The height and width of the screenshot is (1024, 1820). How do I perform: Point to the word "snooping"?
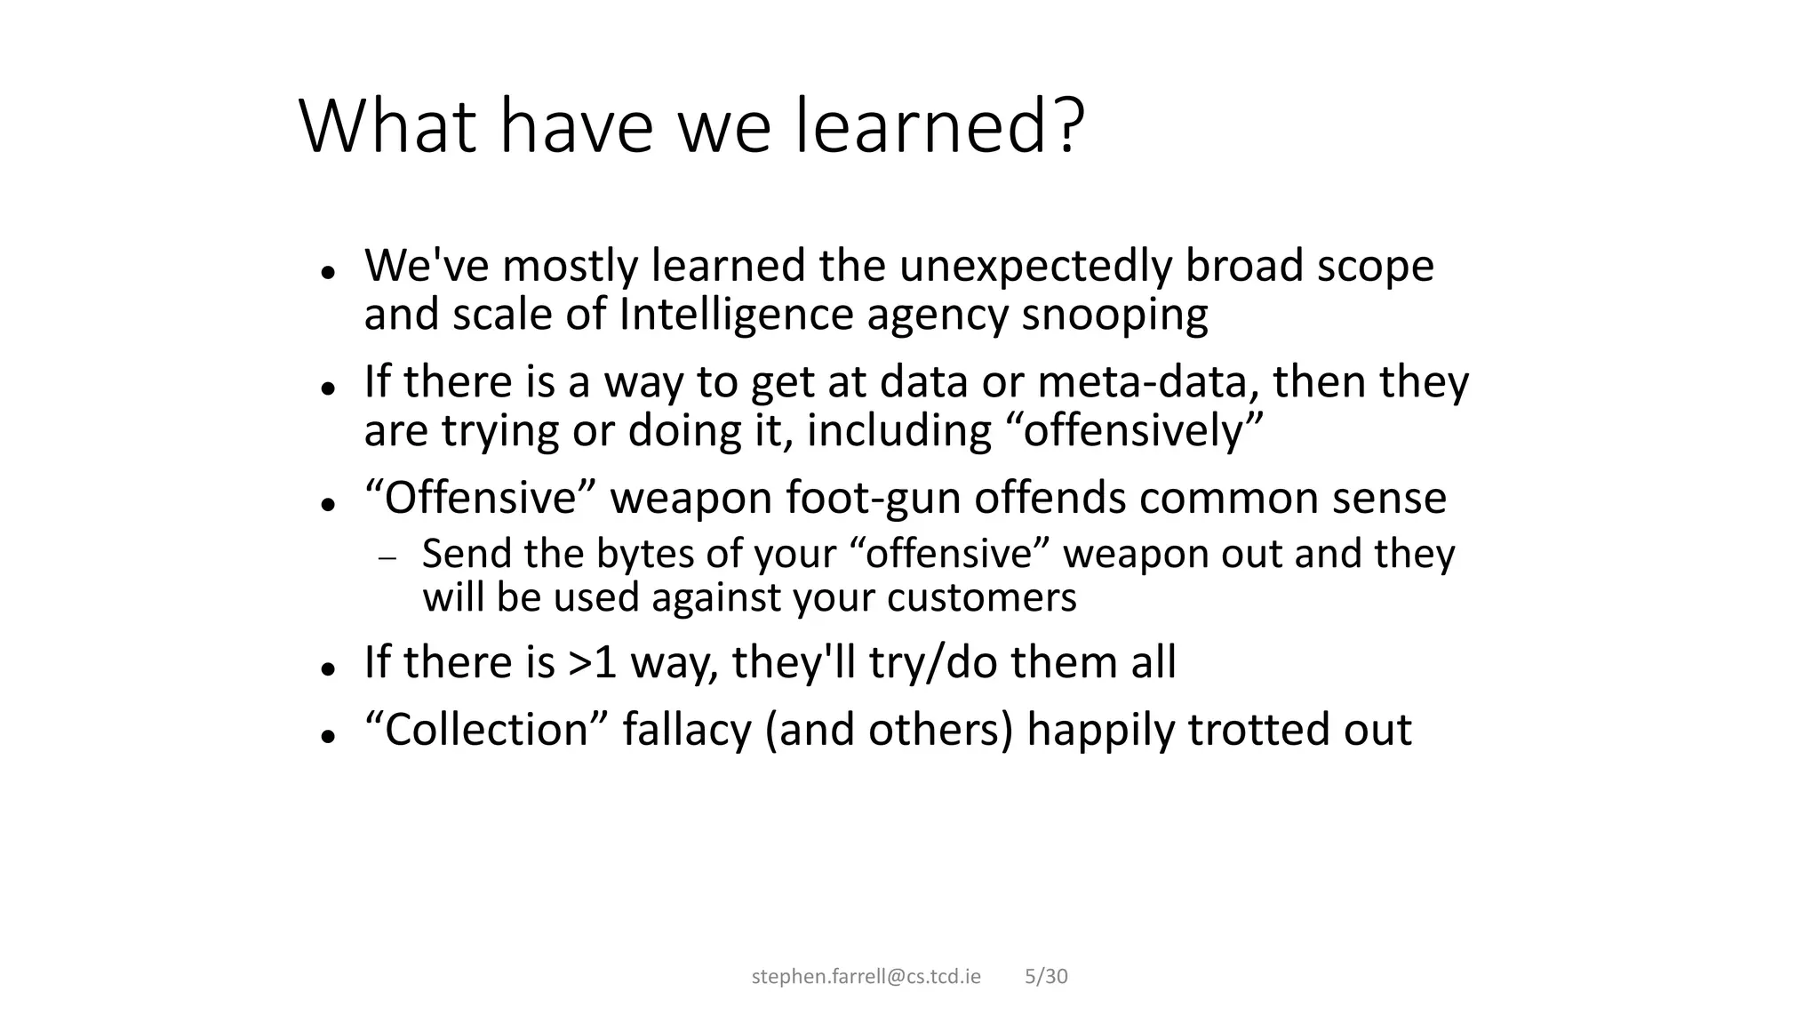pyautogui.click(x=1114, y=315)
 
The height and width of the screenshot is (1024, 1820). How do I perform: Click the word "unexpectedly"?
pyautogui.click(x=1035, y=266)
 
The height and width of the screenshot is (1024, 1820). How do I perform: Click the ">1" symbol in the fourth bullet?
pyautogui.click(x=592, y=663)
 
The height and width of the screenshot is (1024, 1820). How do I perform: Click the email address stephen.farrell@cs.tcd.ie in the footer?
pyautogui.click(x=866, y=977)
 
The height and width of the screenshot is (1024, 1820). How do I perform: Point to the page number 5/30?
pyautogui.click(x=1046, y=977)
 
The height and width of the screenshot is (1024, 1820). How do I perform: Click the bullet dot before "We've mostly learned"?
pyautogui.click(x=328, y=273)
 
